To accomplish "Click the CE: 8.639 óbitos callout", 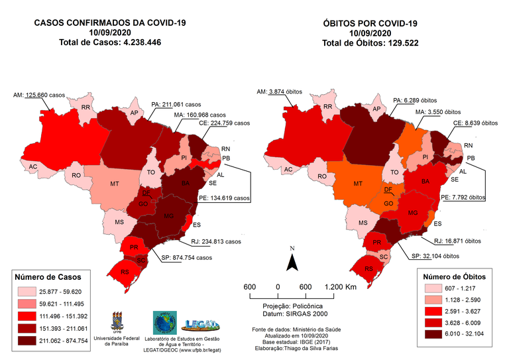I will [475, 123].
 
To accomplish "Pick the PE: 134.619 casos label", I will [225, 197].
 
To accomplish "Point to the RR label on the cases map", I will [85, 107].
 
